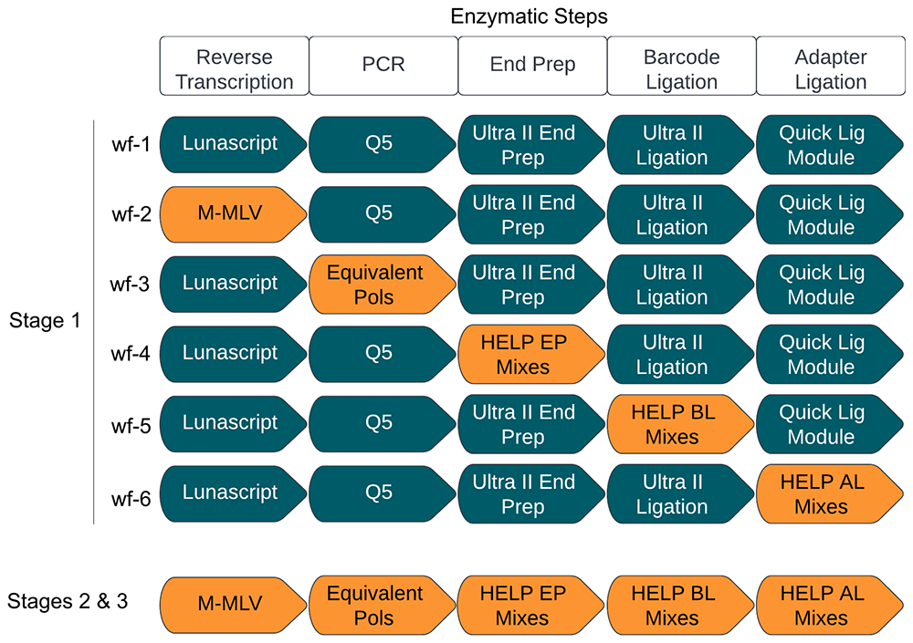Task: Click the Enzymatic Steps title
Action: [x=530, y=16]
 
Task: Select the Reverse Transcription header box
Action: [x=234, y=68]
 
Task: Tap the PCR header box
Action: [x=383, y=68]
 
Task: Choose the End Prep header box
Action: [x=532, y=68]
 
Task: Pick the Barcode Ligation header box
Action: [x=681, y=68]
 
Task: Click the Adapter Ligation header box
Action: [x=830, y=68]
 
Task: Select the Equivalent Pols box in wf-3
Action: [x=376, y=284]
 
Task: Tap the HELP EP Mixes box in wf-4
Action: [x=524, y=354]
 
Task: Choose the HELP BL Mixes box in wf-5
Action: [x=674, y=424]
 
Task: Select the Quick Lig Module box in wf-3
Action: [x=822, y=284]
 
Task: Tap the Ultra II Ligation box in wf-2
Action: [x=674, y=213]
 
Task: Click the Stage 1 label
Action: [x=45, y=321]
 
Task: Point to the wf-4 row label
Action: [x=130, y=354]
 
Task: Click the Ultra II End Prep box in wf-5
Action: [x=524, y=424]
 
